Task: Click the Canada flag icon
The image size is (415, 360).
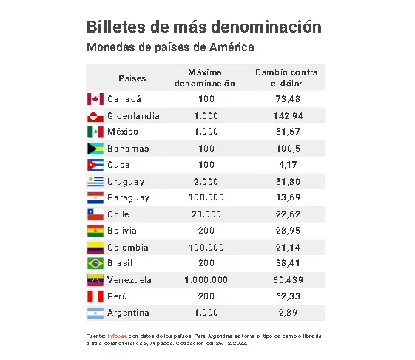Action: [x=94, y=99]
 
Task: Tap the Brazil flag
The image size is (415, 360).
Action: [x=94, y=264]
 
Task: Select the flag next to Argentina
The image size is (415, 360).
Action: [x=94, y=313]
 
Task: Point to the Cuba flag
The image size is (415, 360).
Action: [x=94, y=165]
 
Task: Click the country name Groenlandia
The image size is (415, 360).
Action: [x=133, y=116]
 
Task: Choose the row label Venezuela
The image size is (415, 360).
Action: [x=129, y=280]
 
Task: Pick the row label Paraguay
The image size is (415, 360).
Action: [x=128, y=197]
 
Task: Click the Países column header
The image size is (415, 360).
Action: [x=132, y=78]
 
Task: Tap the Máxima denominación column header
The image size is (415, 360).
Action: [x=205, y=78]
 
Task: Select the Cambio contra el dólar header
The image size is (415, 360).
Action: [x=286, y=78]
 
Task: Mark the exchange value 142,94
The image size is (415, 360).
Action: [x=286, y=116]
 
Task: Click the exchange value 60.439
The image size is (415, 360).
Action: [x=286, y=280]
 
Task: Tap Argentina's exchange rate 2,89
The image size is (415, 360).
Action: [x=286, y=313]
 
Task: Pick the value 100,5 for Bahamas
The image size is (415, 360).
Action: [x=286, y=149]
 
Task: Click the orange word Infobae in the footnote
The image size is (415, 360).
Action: [x=118, y=336]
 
